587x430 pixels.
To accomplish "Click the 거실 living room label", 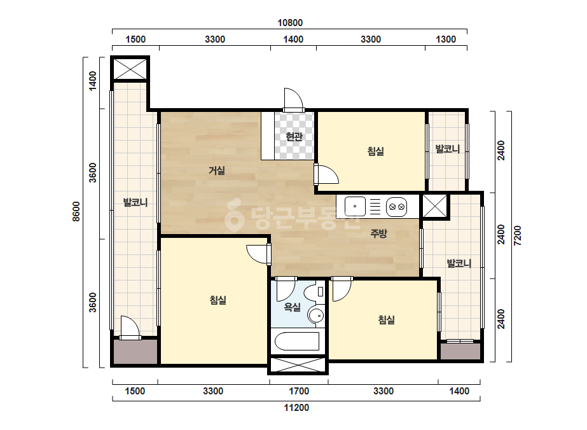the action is [217, 171].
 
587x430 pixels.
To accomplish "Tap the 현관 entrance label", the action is [294, 137].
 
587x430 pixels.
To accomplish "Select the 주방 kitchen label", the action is [378, 233].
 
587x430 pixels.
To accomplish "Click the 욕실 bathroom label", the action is [293, 307].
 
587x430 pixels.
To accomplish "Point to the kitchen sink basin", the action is [355, 206].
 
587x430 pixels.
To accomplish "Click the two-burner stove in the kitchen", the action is [396, 206].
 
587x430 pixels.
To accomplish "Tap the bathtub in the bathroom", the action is [297, 341].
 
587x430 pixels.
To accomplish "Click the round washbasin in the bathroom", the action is [316, 316].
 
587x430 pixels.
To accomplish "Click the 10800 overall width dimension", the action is [290, 23].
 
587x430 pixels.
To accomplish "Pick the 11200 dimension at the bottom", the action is [296, 408].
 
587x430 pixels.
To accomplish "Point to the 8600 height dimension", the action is [76, 211].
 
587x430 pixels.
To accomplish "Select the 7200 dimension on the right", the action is [518, 235].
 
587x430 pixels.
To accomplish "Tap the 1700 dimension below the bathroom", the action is [299, 391].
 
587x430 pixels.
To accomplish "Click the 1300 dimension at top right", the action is [446, 39].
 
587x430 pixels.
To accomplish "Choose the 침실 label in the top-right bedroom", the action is [375, 151].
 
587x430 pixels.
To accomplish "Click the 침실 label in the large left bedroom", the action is [218, 300].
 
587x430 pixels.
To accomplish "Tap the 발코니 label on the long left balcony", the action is [135, 203].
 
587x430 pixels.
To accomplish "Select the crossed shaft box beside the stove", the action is [434, 205].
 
